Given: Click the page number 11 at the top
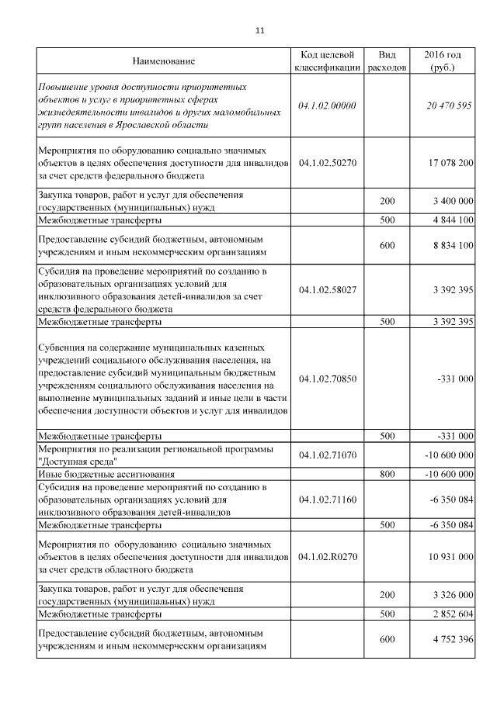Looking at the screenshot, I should click(x=259, y=31).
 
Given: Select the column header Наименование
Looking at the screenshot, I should click(x=163, y=61).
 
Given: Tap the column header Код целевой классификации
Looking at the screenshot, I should click(x=327, y=61).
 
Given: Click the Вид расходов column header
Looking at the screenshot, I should click(x=387, y=61).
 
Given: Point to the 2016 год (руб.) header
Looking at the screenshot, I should click(x=443, y=61).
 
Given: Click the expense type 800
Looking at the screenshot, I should click(x=387, y=473).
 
